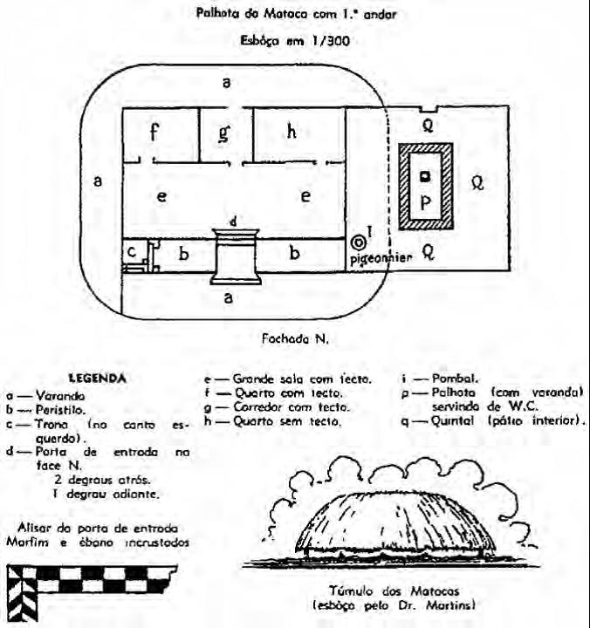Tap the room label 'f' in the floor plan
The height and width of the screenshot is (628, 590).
155,133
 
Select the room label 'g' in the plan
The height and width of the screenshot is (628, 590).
225,133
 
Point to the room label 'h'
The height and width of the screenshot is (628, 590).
292,132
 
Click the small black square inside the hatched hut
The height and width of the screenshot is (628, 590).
425,177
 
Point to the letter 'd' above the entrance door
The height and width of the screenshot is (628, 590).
233,222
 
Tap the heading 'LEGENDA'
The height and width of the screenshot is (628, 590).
98,378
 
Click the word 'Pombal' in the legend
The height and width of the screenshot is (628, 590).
456,379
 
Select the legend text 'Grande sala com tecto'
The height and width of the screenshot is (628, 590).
302,379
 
